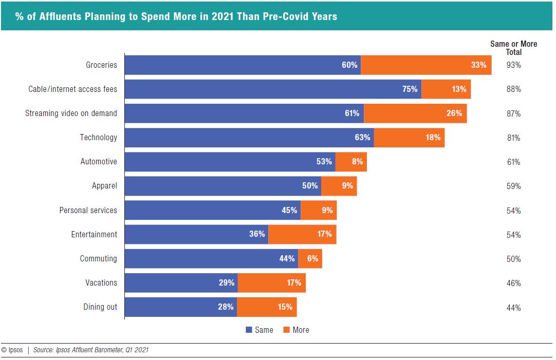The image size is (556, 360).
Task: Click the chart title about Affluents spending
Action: point(176,16)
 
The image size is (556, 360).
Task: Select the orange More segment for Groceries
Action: point(426,65)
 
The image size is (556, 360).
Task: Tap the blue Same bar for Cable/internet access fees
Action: point(273,89)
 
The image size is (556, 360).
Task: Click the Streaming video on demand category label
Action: point(71,113)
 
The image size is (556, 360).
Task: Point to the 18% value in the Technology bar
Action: point(433,138)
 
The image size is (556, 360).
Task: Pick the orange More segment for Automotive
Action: point(351,162)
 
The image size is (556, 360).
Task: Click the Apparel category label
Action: point(104,186)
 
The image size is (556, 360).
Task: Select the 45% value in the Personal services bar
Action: point(289,210)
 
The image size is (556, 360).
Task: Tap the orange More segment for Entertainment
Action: point(302,234)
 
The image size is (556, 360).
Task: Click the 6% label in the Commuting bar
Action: point(312,258)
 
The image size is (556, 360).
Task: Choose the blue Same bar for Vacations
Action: point(181,282)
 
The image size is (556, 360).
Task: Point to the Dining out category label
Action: point(100,307)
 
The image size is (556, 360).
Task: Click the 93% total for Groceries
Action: point(513,65)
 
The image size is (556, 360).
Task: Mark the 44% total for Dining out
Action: point(513,308)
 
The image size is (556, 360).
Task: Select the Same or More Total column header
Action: point(513,48)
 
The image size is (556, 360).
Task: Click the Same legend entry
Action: point(260,330)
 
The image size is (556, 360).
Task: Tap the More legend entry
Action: point(296,330)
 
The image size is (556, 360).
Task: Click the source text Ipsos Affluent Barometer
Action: point(91,350)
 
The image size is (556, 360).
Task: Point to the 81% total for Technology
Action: point(513,138)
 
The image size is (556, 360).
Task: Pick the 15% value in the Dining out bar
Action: point(285,307)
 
